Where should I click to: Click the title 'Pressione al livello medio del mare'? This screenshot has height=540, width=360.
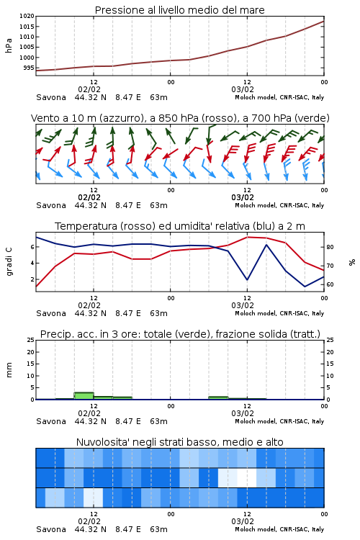pyautogui.click(x=179, y=10)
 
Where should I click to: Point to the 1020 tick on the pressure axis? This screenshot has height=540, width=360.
pyautogui.click(x=27, y=16)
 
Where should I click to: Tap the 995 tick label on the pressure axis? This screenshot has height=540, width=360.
pyautogui.click(x=29, y=68)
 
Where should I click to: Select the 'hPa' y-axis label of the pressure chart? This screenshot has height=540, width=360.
pyautogui.click(x=9, y=45)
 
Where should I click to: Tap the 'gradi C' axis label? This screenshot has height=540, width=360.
pyautogui.click(x=9, y=261)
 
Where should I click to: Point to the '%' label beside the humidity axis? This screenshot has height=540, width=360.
pyautogui.click(x=352, y=262)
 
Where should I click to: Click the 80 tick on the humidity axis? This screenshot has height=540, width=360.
pyautogui.click(x=330, y=247)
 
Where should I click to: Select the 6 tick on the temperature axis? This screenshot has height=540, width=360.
pyautogui.click(x=32, y=247)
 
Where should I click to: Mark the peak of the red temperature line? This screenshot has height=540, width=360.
pyautogui.click(x=247, y=237)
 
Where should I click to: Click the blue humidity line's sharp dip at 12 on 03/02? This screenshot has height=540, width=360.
pyautogui.click(x=247, y=279)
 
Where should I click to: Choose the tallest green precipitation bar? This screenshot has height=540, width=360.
pyautogui.click(x=84, y=396)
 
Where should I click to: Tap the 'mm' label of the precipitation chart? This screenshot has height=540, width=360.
pyautogui.click(x=9, y=370)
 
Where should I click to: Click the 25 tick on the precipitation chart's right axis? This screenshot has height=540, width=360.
pyautogui.click(x=330, y=340)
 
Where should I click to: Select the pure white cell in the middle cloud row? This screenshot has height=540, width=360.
pyautogui.click(x=247, y=477)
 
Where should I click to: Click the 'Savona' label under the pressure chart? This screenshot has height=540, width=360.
pyautogui.click(x=51, y=97)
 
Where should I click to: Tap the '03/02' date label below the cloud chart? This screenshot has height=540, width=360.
pyautogui.click(x=243, y=521)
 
